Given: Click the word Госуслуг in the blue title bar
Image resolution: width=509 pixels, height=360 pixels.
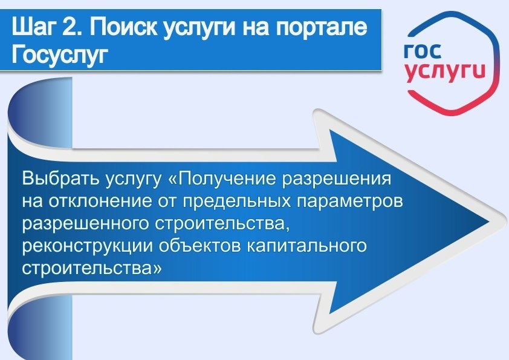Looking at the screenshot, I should coord(59,55).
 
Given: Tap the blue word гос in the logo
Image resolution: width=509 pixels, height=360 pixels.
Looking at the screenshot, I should coord(424,51).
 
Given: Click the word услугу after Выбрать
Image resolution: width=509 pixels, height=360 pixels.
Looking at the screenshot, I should coord(128,181).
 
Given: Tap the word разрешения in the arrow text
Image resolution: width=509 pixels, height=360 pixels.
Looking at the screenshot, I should coord(343,181).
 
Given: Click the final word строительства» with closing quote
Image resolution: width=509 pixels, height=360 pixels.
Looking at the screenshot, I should coord(91,267).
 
